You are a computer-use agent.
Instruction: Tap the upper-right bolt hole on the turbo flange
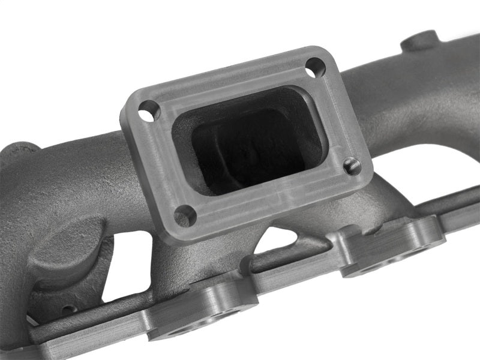314,68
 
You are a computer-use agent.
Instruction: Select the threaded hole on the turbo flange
352,166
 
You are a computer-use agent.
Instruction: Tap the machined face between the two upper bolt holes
228,78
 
